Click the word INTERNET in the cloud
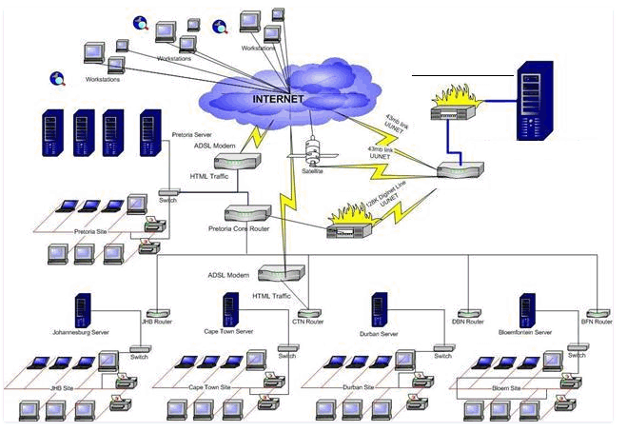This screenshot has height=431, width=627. tap(279, 98)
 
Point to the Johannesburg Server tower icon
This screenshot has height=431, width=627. tap(83, 310)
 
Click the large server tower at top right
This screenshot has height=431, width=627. tap(530, 99)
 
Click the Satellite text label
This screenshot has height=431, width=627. tap(312, 172)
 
